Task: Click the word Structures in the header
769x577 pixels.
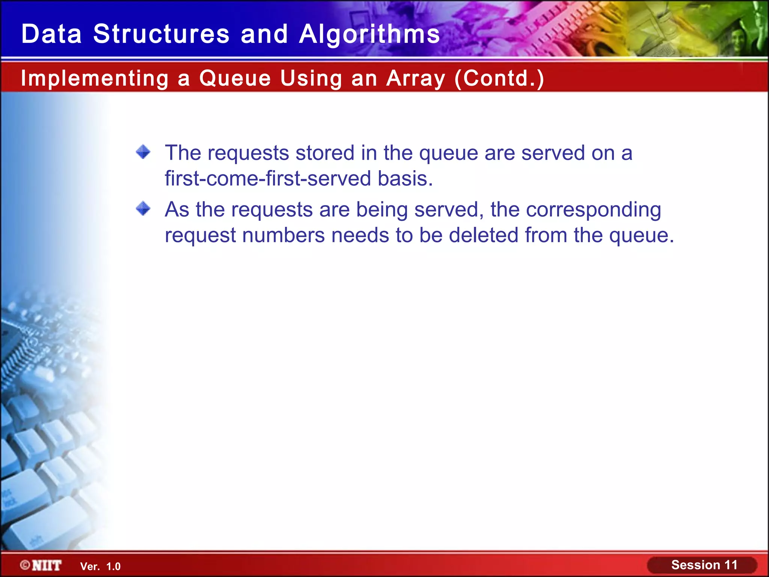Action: pyautogui.click(x=161, y=34)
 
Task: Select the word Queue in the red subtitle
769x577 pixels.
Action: pyautogui.click(x=235, y=79)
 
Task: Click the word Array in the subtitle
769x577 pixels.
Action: pyautogui.click(x=416, y=79)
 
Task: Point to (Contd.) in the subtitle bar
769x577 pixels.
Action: pyautogui.click(x=499, y=79)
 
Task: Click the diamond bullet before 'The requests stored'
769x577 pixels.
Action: pyautogui.click(x=143, y=152)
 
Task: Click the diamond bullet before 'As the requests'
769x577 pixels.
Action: pyautogui.click(x=143, y=208)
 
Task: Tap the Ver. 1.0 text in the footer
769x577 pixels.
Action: pyautogui.click(x=100, y=566)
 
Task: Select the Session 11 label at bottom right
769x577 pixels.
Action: pyautogui.click(x=704, y=565)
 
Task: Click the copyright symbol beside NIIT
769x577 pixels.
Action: pyautogui.click(x=25, y=565)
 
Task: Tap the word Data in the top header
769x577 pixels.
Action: pyautogui.click(x=51, y=34)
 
